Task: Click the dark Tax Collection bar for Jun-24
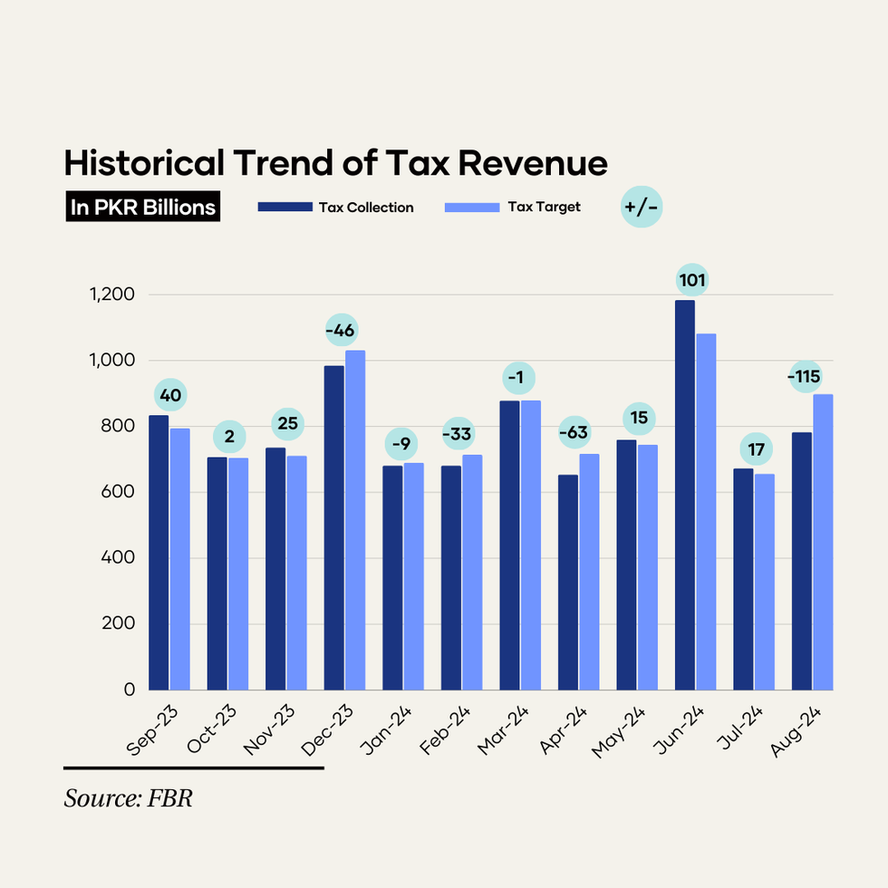pos(684,495)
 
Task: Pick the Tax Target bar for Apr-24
pos(589,572)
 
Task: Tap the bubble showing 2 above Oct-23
pos(229,437)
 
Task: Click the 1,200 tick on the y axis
pos(112,294)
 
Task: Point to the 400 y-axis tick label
pos(118,558)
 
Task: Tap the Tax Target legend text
pos(544,207)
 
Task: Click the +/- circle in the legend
pos(642,208)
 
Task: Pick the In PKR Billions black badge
pos(143,208)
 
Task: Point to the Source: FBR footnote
pos(129,799)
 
